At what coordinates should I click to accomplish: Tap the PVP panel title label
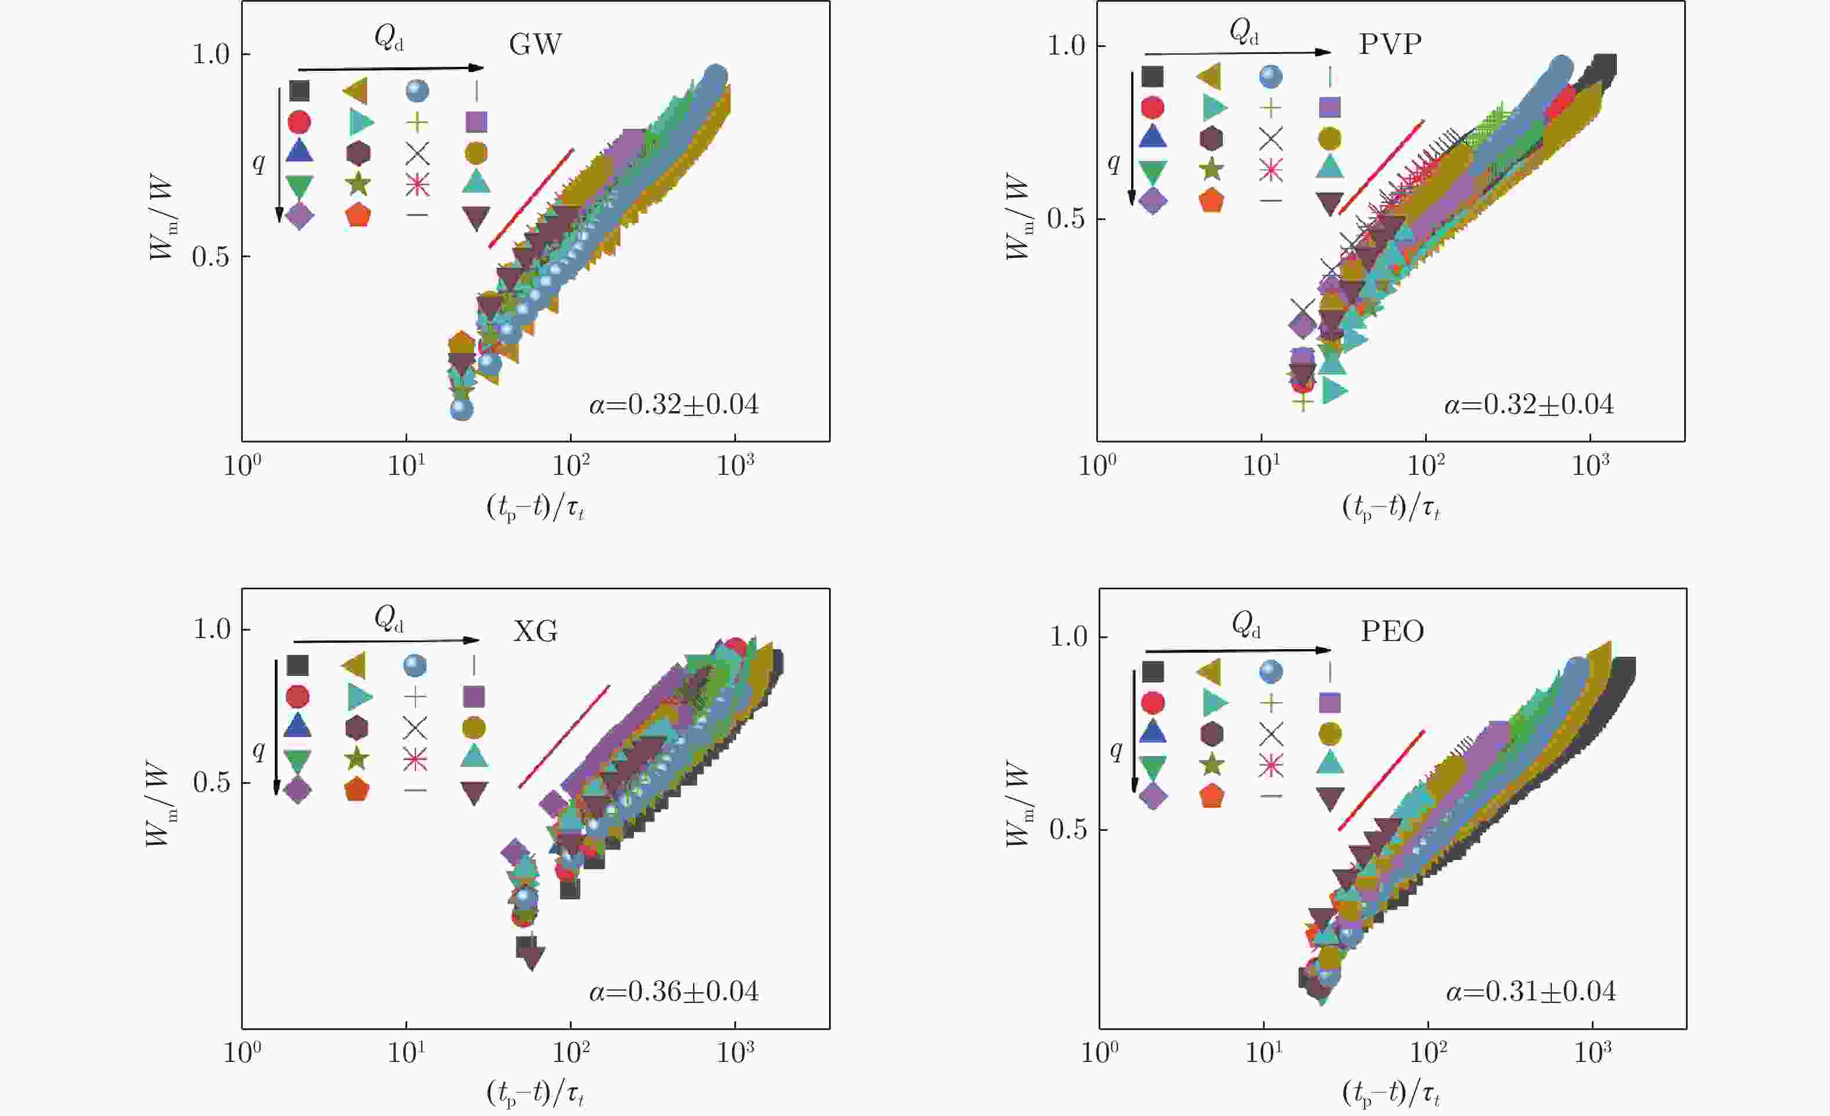1390,45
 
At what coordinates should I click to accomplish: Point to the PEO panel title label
1392,632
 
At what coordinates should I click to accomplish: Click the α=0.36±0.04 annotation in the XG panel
674,991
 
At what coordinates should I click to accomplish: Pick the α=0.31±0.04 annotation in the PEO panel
1530,991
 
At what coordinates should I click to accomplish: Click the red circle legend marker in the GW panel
299,122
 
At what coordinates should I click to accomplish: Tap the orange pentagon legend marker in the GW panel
358,216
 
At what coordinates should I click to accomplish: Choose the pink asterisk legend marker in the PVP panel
1271,170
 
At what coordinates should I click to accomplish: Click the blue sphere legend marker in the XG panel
415,665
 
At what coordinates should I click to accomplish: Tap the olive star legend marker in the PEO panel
1212,765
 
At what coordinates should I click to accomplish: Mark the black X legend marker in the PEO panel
1271,733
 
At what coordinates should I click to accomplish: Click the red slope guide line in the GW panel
531,197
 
